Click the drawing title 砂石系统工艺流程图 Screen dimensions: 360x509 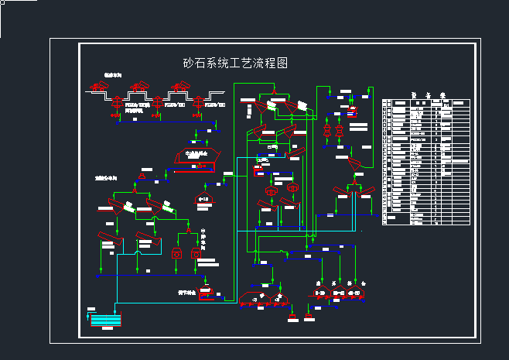click(x=234, y=63)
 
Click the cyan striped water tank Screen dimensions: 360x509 click(x=106, y=319)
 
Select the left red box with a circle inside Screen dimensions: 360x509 click(x=176, y=253)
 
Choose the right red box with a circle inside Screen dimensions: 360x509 click(x=196, y=253)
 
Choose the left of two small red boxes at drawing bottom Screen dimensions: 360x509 click(x=292, y=314)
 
